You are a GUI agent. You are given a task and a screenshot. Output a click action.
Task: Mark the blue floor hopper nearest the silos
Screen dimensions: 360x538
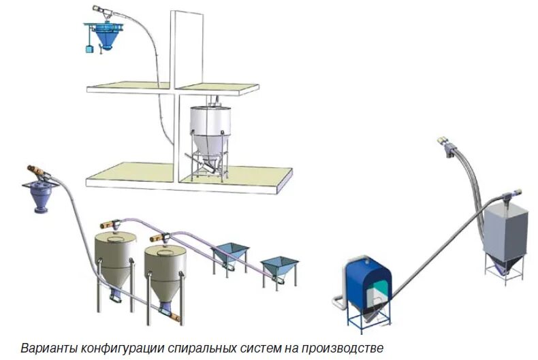pos(229,253)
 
